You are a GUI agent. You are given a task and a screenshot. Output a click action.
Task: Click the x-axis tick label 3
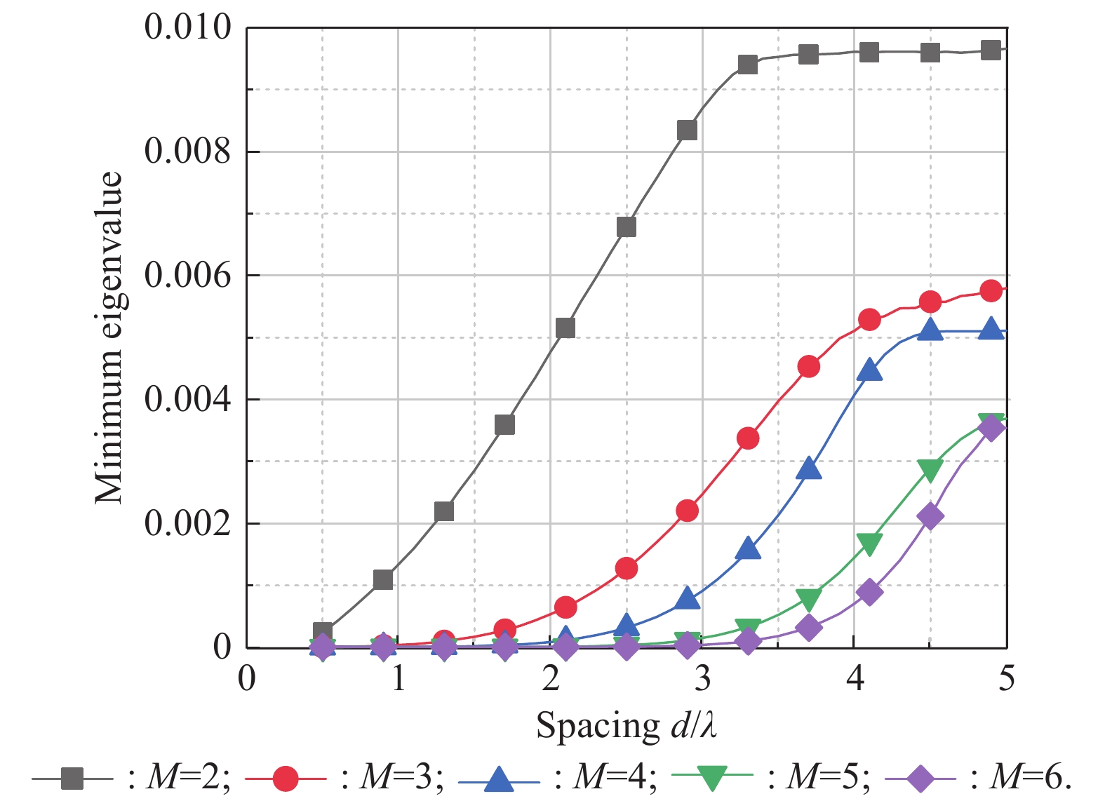702,679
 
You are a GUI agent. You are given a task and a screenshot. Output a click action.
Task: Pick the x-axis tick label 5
1007,679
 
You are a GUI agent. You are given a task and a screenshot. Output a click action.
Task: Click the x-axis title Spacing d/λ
627,726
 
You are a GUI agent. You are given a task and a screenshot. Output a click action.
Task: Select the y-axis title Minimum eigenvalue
110,337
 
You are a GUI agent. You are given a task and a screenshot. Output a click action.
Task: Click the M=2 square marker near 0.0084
687,130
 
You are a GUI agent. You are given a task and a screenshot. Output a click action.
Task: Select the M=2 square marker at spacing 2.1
565,328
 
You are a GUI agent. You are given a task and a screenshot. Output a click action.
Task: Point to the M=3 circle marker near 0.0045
809,366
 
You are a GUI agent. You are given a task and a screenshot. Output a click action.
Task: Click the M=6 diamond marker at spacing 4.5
930,517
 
